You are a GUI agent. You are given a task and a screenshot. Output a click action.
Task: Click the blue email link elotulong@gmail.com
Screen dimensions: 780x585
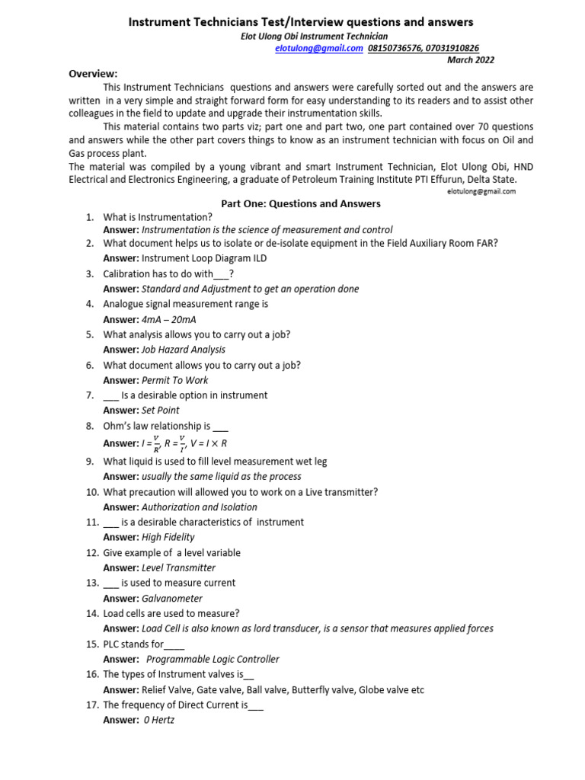pyautogui.click(x=318, y=48)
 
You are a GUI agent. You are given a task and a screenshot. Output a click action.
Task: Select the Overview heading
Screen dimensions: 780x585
pyautogui.click(x=94, y=74)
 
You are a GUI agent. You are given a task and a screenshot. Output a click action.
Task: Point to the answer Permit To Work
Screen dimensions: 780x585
pyautogui.click(x=174, y=380)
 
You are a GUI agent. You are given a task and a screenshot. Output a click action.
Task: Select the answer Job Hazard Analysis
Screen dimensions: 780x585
pyautogui.click(x=184, y=350)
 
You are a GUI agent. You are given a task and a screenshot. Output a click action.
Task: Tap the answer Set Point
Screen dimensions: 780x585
pyautogui.click(x=161, y=411)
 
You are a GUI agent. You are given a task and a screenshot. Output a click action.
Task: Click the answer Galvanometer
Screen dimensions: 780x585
pyautogui.click(x=172, y=599)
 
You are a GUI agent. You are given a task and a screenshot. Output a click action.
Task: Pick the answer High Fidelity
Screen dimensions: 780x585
pyautogui.click(x=168, y=537)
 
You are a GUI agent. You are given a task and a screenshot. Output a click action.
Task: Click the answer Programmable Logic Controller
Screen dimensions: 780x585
pyautogui.click(x=213, y=660)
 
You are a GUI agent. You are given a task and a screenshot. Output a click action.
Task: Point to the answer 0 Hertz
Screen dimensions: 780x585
pyautogui.click(x=159, y=720)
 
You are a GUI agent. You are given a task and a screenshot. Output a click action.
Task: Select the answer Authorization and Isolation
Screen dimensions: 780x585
pyautogui.click(x=200, y=507)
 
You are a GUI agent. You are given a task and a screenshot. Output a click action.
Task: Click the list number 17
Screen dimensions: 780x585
pyautogui.click(x=91, y=705)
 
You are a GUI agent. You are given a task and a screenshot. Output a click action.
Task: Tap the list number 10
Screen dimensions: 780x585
pyautogui.click(x=91, y=492)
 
